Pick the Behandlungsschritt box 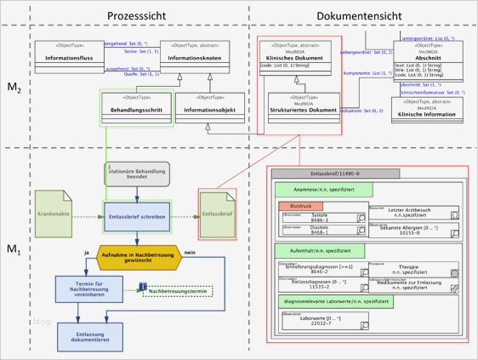tap(136, 107)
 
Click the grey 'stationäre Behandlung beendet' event tap(137, 173)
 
